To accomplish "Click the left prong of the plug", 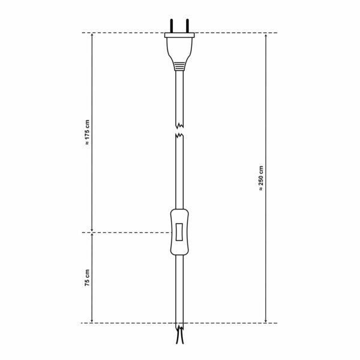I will tap(174, 26).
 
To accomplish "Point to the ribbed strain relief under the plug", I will tap(179, 65).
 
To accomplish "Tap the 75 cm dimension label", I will tap(86, 278).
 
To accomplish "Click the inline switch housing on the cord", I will tap(179, 231).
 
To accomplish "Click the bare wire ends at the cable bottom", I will tap(179, 340).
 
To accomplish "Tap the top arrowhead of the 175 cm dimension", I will tap(91, 35).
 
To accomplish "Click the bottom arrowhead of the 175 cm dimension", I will tap(91, 229).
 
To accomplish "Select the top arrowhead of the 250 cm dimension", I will tap(266, 35).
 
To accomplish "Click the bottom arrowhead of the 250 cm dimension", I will tap(266, 320).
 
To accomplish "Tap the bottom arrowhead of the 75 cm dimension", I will tap(91, 320).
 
